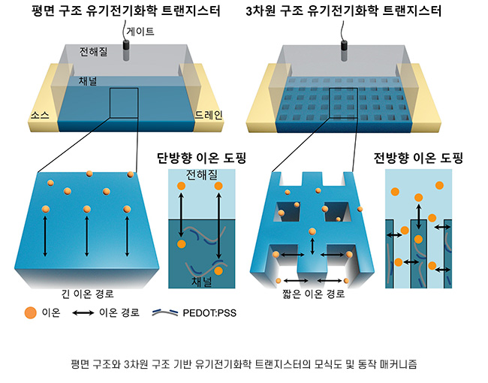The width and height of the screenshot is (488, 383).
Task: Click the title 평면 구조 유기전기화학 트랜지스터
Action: click(123, 11)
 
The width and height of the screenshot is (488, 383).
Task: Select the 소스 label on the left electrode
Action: click(41, 115)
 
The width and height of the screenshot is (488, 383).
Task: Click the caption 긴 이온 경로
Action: click(86, 294)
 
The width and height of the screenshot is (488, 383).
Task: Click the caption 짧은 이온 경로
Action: click(312, 294)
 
